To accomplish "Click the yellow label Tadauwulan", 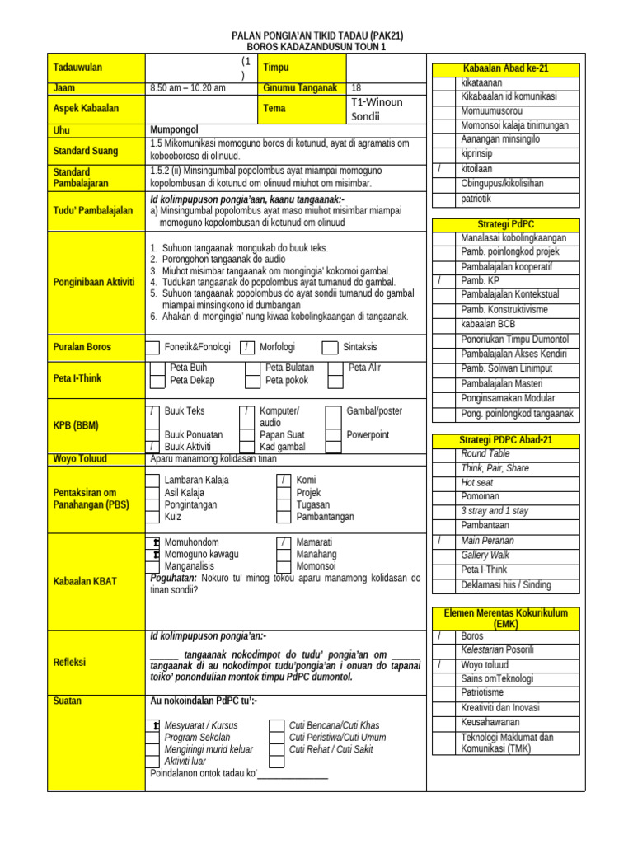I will pos(77,68).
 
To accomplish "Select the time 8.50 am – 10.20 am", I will pos(188,88).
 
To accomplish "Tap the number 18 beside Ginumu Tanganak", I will pos(356,88).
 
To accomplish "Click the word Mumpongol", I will pos(175,130).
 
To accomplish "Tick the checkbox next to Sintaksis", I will pos(330,348).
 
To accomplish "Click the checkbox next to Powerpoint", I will pos(333,435).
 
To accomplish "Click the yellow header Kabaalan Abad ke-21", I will pos(506,68).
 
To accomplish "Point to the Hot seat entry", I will pos(477,482).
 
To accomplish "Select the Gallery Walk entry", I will pos(485,555).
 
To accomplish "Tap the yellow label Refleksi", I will pos(70,663).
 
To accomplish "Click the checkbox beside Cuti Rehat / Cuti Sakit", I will pos(277,749).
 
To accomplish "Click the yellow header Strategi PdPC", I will pos(505,224).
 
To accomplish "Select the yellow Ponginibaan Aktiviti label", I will pos(93,282).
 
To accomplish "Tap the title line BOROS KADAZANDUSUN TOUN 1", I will pos(316,48).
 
